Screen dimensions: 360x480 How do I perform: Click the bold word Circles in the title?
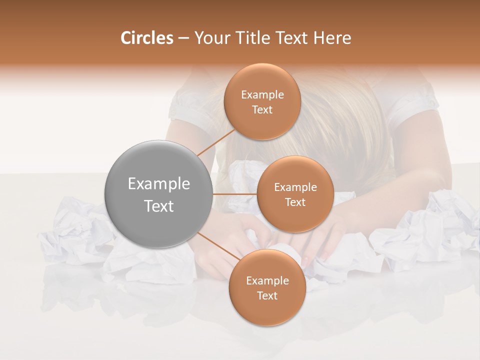(x=146, y=38)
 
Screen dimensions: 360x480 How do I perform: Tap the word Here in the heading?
(x=332, y=38)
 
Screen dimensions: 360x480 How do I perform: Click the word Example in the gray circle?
(x=159, y=184)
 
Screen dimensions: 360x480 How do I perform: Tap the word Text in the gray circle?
(x=159, y=206)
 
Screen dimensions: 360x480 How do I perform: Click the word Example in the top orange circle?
(x=262, y=95)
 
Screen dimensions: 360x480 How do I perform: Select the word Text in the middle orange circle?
(x=295, y=202)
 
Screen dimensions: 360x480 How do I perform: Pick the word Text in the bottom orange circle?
(x=267, y=296)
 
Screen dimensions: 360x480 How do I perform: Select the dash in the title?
(x=183, y=38)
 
